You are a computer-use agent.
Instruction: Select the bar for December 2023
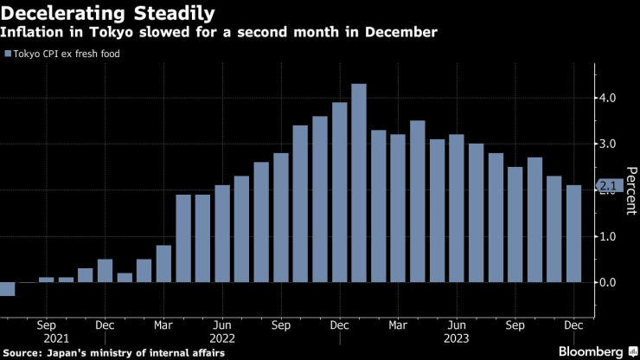point(574,234)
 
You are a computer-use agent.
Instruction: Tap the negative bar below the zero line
point(7,289)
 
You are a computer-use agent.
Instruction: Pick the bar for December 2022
point(340,193)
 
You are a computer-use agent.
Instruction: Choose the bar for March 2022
point(163,264)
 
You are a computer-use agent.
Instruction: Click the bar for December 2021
point(105,271)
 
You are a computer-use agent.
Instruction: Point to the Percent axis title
point(630,190)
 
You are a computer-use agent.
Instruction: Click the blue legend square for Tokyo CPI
point(8,55)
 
